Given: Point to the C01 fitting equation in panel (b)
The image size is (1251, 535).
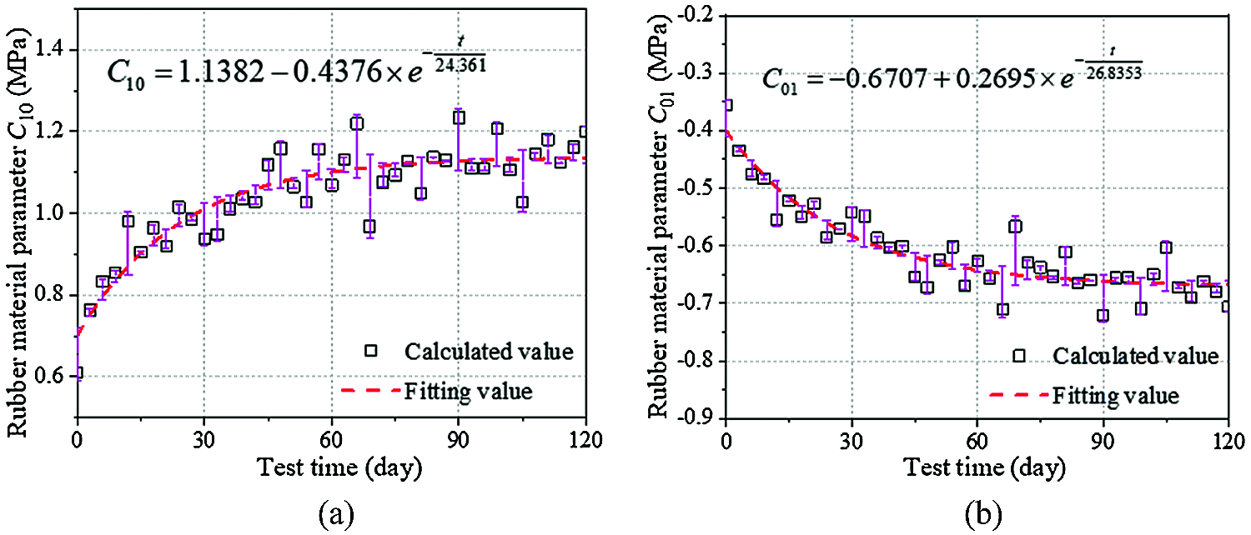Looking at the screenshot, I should (x=951, y=77).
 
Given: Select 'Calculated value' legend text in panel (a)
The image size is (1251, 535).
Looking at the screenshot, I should (x=489, y=352).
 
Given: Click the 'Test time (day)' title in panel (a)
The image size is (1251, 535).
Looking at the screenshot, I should (x=332, y=468).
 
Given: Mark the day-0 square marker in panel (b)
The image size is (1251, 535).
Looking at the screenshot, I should (x=726, y=105).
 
